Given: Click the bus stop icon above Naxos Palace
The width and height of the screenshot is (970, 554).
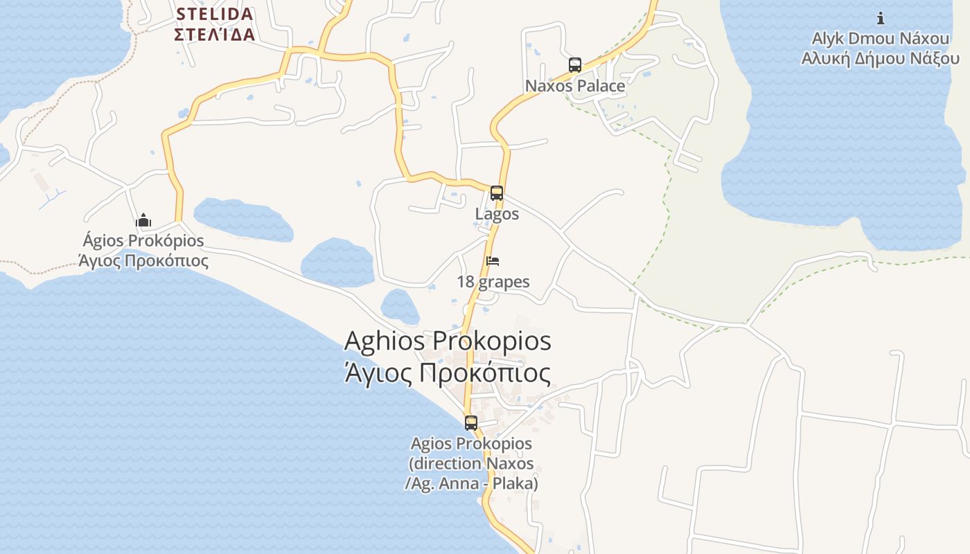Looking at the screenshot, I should click(x=575, y=65).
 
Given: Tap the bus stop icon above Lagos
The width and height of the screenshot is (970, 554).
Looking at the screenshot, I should click(x=497, y=193).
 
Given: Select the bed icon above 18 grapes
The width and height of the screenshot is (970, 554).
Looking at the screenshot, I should click(x=493, y=261).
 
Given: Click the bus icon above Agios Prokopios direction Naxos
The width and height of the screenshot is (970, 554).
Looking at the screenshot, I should click(x=471, y=422).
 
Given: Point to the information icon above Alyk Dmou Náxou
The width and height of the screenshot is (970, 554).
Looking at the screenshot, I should click(x=881, y=18).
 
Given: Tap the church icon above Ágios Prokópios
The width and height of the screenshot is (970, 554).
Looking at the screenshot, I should click(x=143, y=221).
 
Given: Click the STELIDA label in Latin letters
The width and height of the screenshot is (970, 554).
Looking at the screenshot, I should click(x=215, y=14).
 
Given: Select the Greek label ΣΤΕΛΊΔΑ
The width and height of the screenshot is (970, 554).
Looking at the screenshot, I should click(x=215, y=35).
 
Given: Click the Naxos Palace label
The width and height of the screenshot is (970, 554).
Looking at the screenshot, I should click(x=575, y=86).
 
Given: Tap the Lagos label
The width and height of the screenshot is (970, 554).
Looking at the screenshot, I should click(x=497, y=214).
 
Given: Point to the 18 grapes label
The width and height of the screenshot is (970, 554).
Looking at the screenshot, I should click(x=493, y=282).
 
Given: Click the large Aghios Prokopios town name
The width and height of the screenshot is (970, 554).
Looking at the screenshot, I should click(x=448, y=341).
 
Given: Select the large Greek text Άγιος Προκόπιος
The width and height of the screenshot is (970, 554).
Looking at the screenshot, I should click(x=448, y=373).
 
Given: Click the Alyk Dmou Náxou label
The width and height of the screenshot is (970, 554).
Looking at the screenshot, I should click(x=880, y=38).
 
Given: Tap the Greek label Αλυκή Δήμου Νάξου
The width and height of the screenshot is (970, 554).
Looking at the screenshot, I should click(x=880, y=58).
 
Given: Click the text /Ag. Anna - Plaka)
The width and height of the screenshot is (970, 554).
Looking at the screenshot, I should click(x=471, y=483).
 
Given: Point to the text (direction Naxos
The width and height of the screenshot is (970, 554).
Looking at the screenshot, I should click(x=471, y=463).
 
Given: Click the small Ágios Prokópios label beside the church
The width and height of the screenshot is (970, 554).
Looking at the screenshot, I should click(x=143, y=240).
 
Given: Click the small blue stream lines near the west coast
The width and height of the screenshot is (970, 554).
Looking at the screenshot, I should click(x=53, y=199).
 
